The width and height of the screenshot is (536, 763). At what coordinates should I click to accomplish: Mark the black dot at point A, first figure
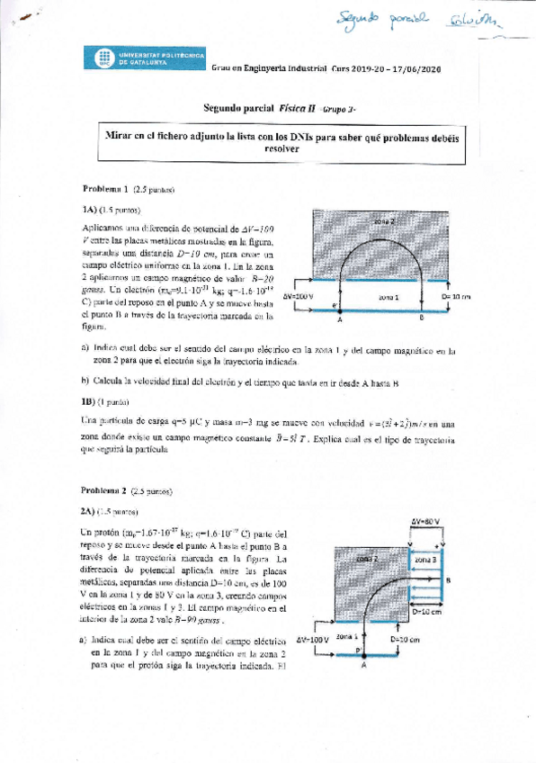[x=341, y=307]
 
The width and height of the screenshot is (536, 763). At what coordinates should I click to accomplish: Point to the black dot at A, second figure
[x=362, y=657]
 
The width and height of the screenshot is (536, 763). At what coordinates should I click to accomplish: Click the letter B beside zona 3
[x=449, y=580]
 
